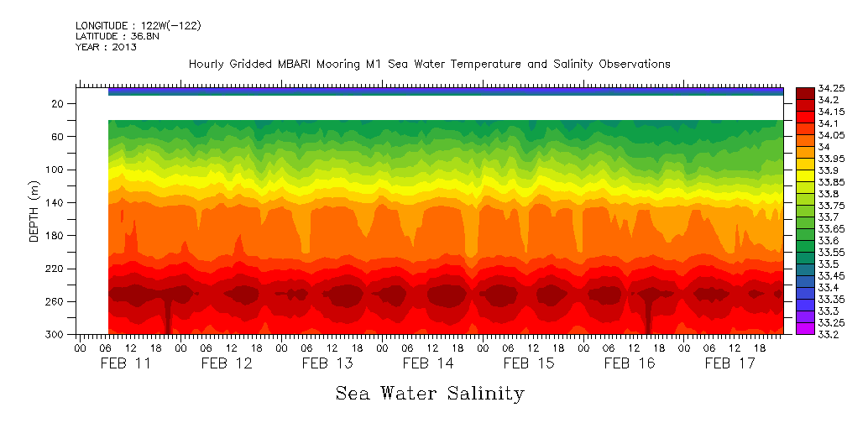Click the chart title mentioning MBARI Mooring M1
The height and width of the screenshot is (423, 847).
point(429,65)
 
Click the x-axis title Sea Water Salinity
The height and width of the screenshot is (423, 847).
point(430,393)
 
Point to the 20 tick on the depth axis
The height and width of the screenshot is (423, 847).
point(58,104)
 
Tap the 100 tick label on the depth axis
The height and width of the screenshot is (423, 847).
point(55,170)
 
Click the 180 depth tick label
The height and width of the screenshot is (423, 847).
point(55,236)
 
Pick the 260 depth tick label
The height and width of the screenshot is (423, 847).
point(55,302)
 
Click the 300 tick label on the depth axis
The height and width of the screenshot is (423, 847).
point(55,335)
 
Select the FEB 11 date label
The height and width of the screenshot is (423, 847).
point(125,363)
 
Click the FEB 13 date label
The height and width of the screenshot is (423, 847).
point(327,363)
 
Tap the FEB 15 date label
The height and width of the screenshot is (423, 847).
point(528,363)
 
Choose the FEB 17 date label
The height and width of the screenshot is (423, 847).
point(729,363)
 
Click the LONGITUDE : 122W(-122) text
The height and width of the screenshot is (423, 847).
point(138,26)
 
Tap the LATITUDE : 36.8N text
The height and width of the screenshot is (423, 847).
point(118,37)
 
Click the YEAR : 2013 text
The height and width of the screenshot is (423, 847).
point(106,48)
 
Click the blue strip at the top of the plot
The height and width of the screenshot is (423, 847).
point(445,92)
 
